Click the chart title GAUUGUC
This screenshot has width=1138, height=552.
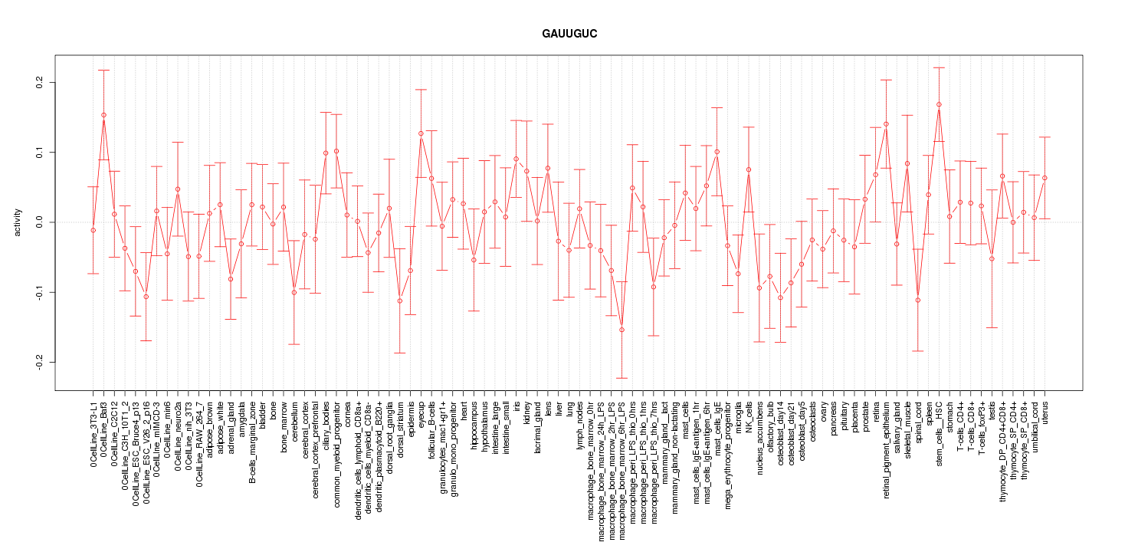click(x=569, y=34)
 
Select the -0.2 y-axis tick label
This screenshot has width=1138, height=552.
click(x=41, y=362)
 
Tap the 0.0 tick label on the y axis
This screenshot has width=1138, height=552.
click(x=41, y=222)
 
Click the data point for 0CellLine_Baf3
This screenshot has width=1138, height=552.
click(x=103, y=115)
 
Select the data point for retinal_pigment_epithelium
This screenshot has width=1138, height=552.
click(x=886, y=123)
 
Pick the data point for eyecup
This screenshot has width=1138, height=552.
click(x=421, y=133)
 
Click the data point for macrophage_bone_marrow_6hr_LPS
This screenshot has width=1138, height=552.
click(x=621, y=330)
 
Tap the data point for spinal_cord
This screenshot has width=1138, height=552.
click(x=917, y=300)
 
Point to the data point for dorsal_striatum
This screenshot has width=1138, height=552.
click(x=399, y=301)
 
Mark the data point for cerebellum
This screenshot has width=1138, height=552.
click(x=294, y=292)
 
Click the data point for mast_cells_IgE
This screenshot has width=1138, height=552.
click(x=717, y=152)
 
